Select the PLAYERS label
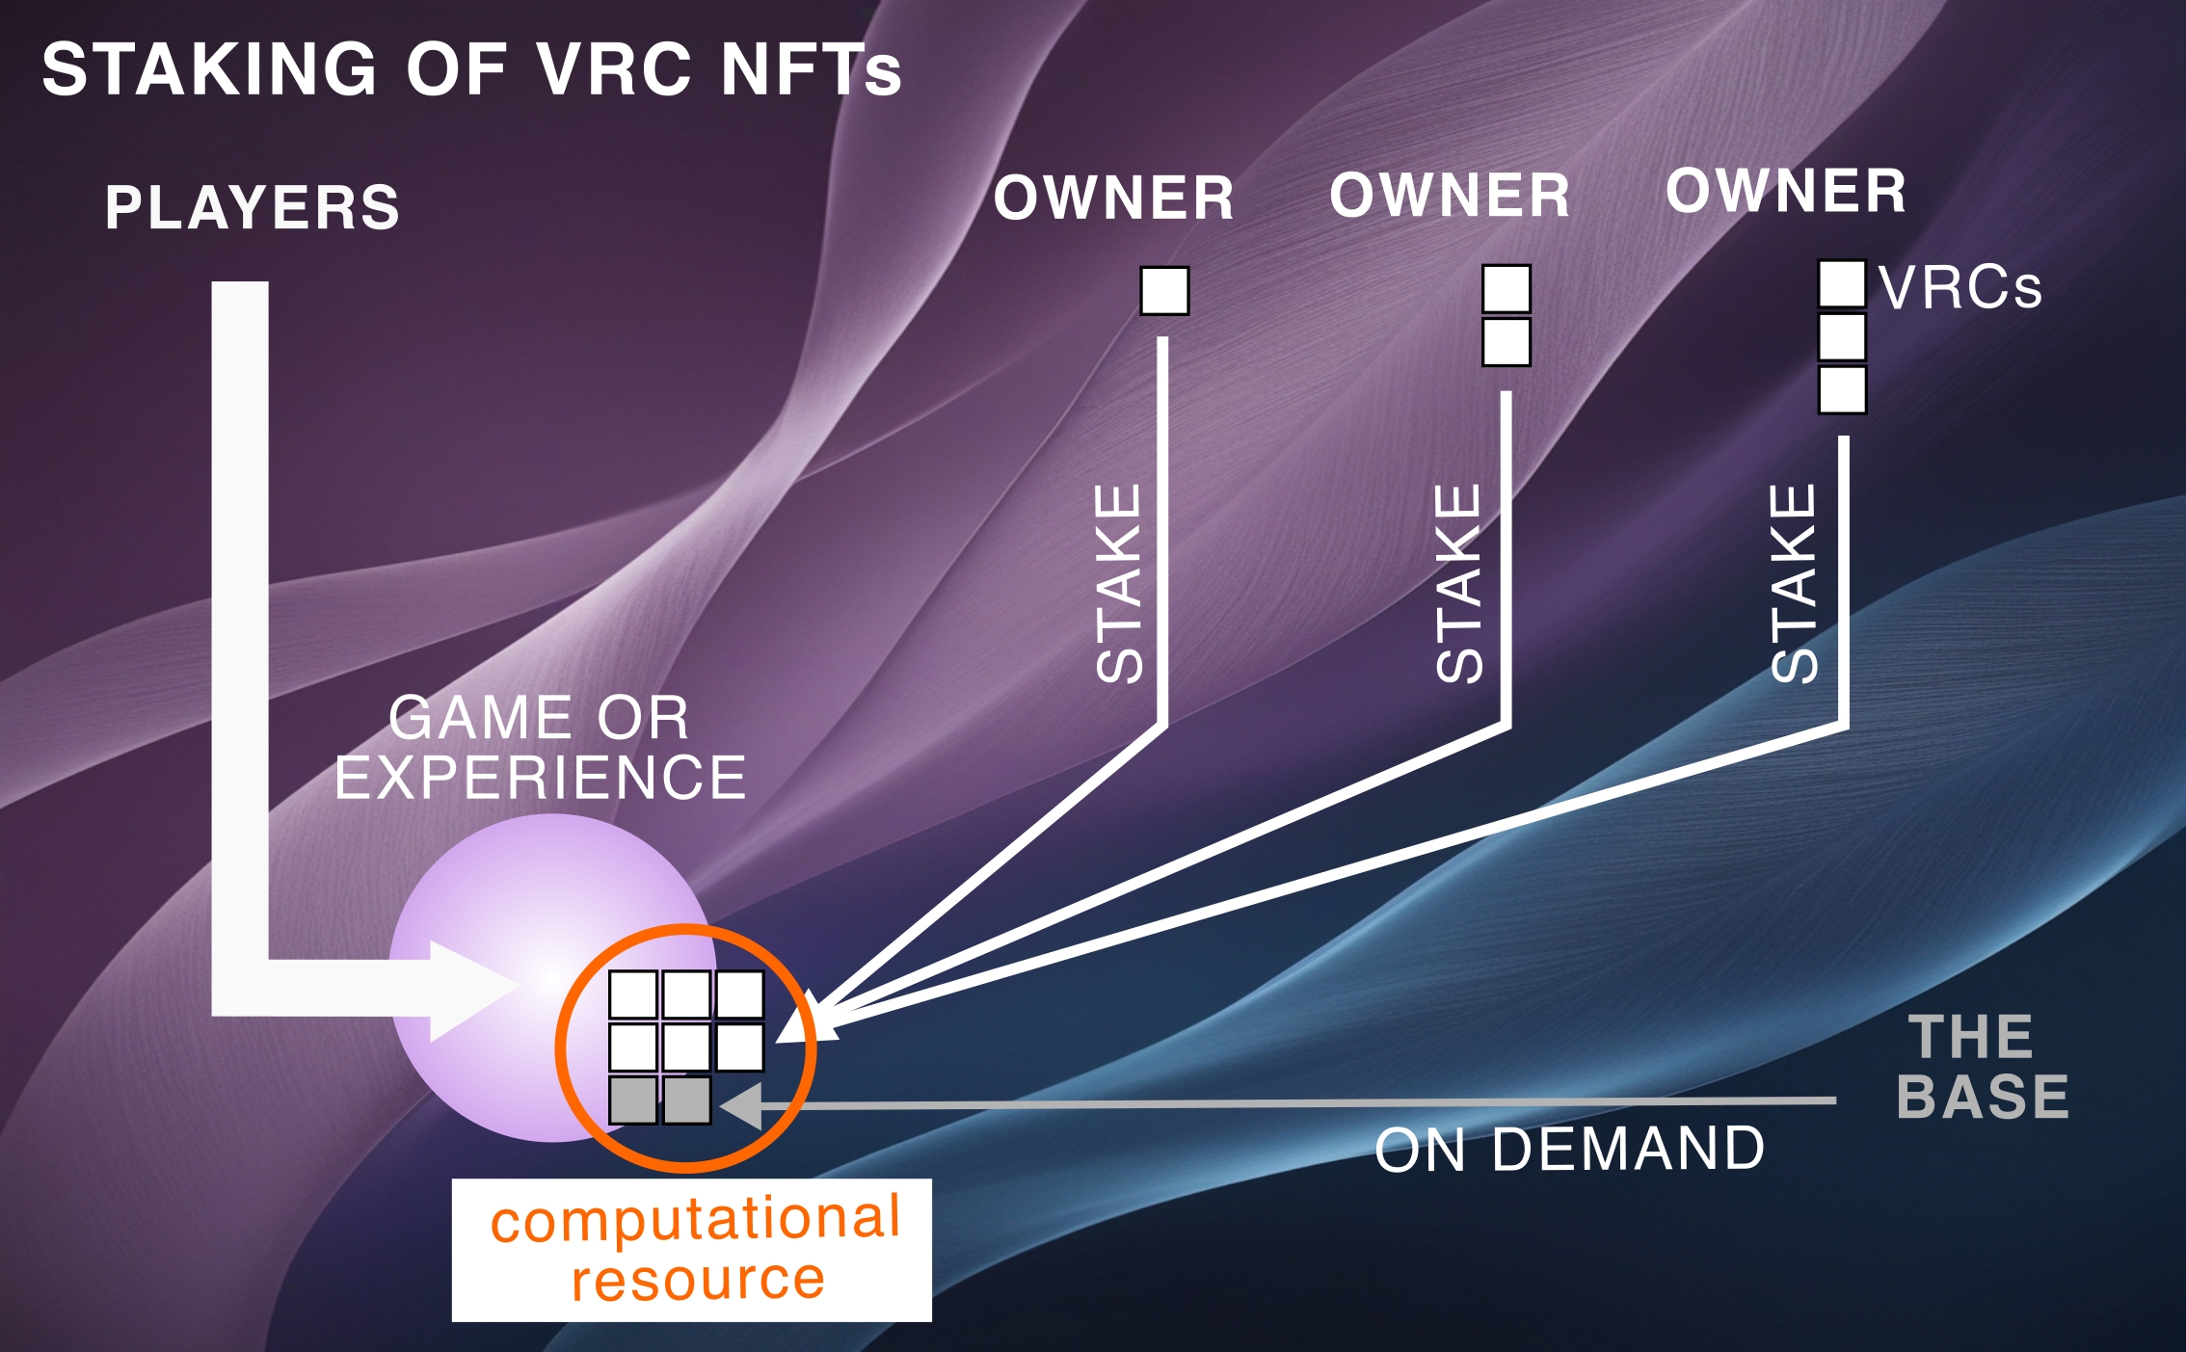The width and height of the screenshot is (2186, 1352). pyautogui.click(x=253, y=207)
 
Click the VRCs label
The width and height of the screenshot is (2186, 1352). pyautogui.click(x=1959, y=287)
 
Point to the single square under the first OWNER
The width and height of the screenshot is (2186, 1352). pyautogui.click(x=1164, y=291)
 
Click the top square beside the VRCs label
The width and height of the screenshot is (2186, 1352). pyautogui.click(x=1841, y=284)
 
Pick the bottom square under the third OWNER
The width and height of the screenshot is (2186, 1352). pyautogui.click(x=1841, y=390)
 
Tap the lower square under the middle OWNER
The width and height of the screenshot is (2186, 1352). pyautogui.click(x=1506, y=342)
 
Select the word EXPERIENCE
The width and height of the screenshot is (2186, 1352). pyautogui.click(x=540, y=778)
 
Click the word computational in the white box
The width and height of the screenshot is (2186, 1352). pyautogui.click(x=696, y=1218)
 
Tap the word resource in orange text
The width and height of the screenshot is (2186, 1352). pyautogui.click(x=698, y=1280)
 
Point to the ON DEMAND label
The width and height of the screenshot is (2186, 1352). pyautogui.click(x=1569, y=1149)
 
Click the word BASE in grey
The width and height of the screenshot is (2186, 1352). pyautogui.click(x=1982, y=1097)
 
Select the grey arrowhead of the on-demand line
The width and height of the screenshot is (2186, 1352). pyautogui.click(x=743, y=1105)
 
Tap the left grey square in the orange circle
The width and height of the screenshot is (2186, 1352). pyautogui.click(x=633, y=1100)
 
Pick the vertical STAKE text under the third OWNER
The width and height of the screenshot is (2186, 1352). pyautogui.click(x=1795, y=583)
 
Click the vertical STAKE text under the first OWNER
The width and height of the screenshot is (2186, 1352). pyautogui.click(x=1119, y=583)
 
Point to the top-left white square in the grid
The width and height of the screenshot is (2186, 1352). pyautogui.click(x=633, y=994)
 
